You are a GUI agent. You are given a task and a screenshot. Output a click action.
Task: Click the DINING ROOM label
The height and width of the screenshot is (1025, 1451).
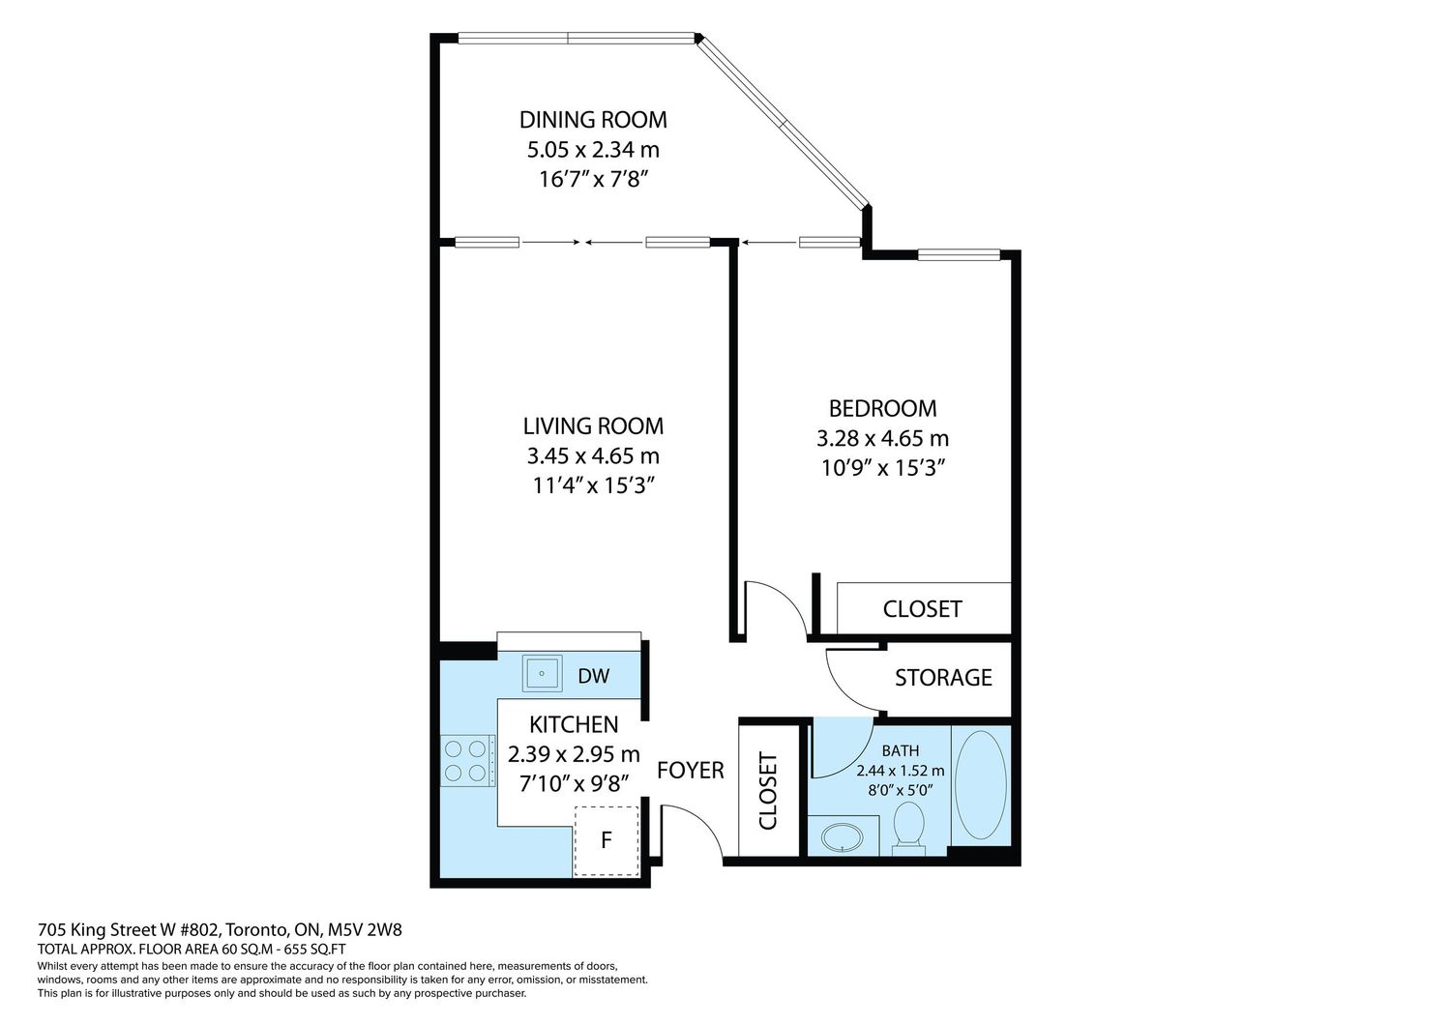tap(593, 120)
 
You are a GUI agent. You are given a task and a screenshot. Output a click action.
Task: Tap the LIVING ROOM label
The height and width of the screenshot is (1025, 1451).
tap(593, 426)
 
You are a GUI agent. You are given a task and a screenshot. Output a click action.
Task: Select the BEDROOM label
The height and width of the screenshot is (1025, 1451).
tap(883, 409)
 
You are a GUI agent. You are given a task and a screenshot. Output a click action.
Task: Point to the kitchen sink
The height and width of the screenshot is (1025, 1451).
tap(542, 673)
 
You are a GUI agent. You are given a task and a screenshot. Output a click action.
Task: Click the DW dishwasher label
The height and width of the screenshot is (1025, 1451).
tap(593, 676)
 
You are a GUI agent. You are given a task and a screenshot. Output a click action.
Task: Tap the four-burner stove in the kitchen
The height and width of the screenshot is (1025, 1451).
tap(466, 761)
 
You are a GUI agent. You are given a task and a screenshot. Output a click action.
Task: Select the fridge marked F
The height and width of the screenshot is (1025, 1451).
tap(607, 840)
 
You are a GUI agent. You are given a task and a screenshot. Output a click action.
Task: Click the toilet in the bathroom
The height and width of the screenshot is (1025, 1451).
tap(909, 828)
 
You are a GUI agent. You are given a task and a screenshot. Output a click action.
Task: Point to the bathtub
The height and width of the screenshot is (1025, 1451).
tap(981, 785)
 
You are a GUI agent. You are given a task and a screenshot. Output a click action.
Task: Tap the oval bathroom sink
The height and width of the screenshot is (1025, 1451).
tap(843, 837)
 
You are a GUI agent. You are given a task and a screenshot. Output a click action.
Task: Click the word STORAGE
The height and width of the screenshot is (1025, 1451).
tap(943, 678)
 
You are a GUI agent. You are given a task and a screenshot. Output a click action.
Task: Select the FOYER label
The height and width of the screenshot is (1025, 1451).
tap(691, 771)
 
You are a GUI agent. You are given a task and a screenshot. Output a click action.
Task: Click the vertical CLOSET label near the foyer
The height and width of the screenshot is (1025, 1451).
tap(768, 791)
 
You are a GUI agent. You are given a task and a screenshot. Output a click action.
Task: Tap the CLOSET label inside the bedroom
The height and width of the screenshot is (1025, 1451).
tap(923, 609)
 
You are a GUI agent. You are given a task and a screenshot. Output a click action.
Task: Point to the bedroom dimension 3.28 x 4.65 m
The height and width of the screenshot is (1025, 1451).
tap(882, 439)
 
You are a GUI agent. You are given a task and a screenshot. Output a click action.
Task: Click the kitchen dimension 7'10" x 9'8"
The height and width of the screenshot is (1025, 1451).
tap(574, 785)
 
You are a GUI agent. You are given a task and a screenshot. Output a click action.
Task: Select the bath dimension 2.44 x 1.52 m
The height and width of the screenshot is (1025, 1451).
tap(901, 772)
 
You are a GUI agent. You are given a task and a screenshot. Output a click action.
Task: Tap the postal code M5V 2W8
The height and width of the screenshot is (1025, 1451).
tap(365, 930)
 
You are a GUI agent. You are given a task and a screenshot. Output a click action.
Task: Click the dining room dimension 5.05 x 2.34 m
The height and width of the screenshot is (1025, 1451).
tap(593, 150)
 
